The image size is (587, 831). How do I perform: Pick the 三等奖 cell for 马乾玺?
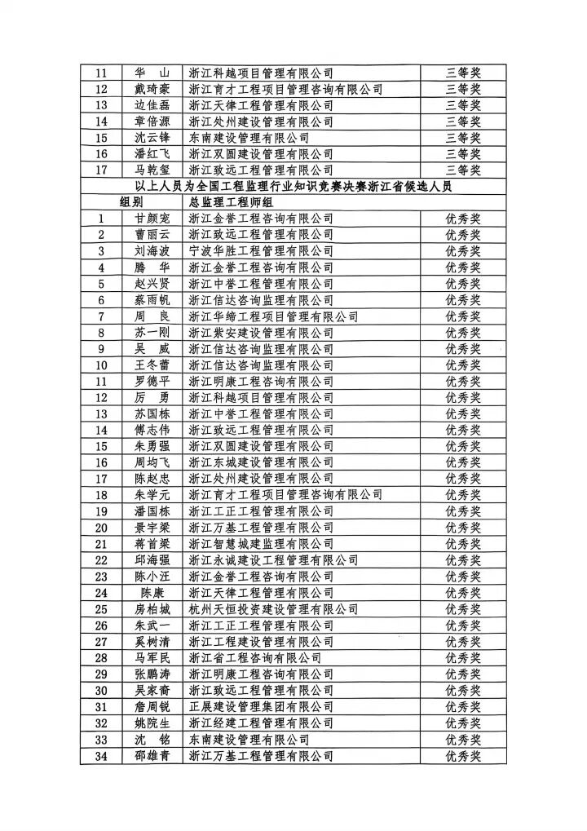click(463, 170)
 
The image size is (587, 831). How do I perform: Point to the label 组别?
click(131, 202)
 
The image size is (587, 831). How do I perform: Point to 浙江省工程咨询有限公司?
click(254, 657)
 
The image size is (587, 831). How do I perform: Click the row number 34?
click(102, 755)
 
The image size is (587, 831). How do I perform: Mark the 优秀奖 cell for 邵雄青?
click(463, 755)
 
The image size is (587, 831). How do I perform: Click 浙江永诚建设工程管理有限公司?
click(273, 560)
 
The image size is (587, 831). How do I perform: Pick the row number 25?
click(102, 609)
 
